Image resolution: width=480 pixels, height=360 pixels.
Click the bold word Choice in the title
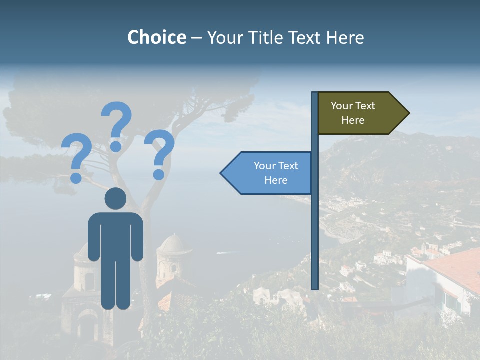click(x=156, y=37)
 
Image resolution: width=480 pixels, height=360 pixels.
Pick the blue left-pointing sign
click(x=270, y=173)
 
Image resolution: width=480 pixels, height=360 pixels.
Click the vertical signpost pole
click(x=315, y=225)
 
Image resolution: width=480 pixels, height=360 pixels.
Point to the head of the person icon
click(x=115, y=199)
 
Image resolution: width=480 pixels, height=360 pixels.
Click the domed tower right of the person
click(x=173, y=257)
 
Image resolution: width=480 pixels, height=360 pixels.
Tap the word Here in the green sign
click(x=353, y=120)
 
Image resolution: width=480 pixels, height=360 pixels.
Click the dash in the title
click(x=196, y=38)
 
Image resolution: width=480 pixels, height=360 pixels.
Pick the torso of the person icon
click(x=115, y=235)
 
